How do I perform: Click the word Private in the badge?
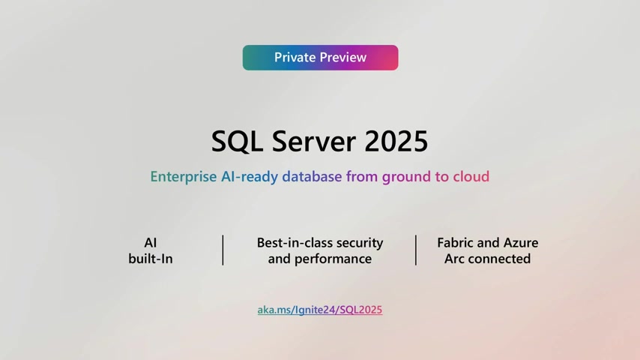click(x=295, y=58)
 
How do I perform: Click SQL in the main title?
click(x=236, y=141)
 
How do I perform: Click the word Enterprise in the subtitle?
click(x=184, y=177)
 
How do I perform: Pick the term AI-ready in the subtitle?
click(x=250, y=177)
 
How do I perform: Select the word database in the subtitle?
click(x=312, y=177)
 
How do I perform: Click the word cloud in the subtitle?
click(x=471, y=177)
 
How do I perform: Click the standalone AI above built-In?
click(x=151, y=243)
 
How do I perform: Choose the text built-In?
click(x=151, y=259)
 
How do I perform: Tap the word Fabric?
click(x=457, y=243)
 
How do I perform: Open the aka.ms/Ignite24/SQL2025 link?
click(x=320, y=310)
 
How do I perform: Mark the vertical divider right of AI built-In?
click(x=223, y=250)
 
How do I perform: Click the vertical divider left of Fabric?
click(x=416, y=250)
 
